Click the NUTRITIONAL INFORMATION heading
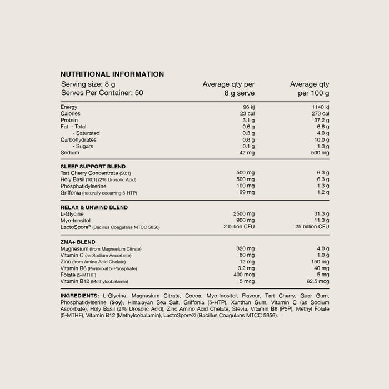pyautogui.click(x=112, y=74)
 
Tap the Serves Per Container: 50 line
pyautogui.click(x=102, y=93)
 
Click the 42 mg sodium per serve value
pyautogui.click(x=246, y=153)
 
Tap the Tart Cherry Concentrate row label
pyautogui.click(x=96, y=173)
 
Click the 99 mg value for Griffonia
pyautogui.click(x=246, y=193)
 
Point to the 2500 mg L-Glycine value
pyautogui.click(x=243, y=214)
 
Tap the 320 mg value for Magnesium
pyautogui.click(x=245, y=248)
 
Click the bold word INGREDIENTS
pyautogui.click(x=80, y=295)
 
